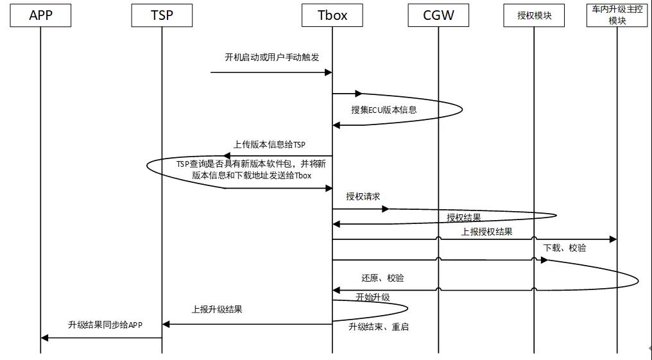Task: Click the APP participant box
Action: (x=40, y=15)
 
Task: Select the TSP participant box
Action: (x=161, y=15)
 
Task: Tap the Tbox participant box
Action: (x=332, y=15)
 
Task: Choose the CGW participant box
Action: (x=439, y=15)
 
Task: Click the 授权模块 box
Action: (x=534, y=15)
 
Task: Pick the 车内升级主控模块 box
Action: (x=617, y=15)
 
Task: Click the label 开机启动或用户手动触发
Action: (x=271, y=58)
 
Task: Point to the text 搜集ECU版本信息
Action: (x=384, y=110)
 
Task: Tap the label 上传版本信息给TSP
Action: (x=270, y=144)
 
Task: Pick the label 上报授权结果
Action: (x=486, y=232)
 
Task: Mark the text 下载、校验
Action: (x=564, y=248)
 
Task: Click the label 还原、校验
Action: (x=382, y=279)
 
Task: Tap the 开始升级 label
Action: (x=373, y=297)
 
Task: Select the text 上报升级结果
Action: (x=217, y=309)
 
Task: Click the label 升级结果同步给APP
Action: (x=105, y=325)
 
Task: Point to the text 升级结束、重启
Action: (x=379, y=327)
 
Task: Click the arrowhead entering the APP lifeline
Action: (x=44, y=338)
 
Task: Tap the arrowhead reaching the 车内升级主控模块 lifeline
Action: (x=613, y=239)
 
